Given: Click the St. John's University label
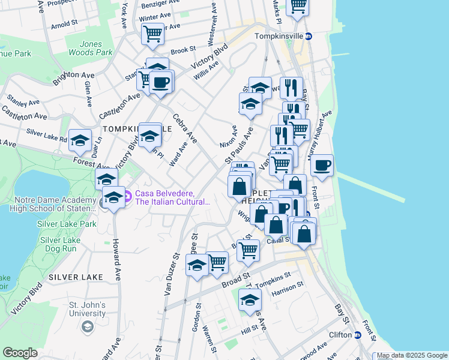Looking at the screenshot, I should tap(88, 308).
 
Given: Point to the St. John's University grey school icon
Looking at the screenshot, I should tap(88, 326).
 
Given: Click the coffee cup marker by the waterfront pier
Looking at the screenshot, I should tap(322, 165).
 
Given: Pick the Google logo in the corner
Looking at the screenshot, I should tap(20, 353).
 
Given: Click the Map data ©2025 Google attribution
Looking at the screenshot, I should tap(411, 355).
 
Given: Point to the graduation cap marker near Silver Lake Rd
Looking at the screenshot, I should tap(80, 140).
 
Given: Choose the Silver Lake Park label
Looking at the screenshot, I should tap(67, 224).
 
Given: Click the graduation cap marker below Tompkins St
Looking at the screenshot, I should tap(250, 300).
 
